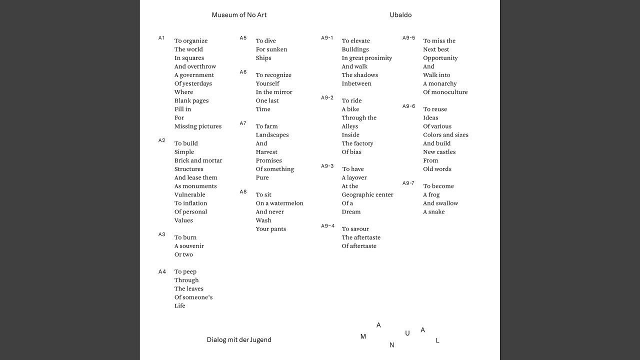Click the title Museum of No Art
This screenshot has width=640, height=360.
tap(239, 15)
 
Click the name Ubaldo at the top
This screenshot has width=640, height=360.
tap(400, 15)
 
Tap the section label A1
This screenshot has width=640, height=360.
tap(161, 38)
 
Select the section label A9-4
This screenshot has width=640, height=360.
tap(327, 226)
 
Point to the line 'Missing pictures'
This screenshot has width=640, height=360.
tap(198, 126)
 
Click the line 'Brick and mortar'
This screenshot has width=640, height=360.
tap(198, 160)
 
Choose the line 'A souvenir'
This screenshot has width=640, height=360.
tap(189, 246)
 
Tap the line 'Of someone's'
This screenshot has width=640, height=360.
tap(193, 297)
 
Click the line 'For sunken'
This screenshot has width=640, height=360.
tap(271, 49)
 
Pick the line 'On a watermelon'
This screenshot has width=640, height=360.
tap(279, 203)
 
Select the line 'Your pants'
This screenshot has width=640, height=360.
tap(271, 229)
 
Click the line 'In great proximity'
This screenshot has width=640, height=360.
tap(367, 58)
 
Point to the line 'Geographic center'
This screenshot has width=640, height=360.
tap(367, 195)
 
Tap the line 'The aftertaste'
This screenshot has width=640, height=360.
tap(361, 237)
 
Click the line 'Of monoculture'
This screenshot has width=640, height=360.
tap(445, 92)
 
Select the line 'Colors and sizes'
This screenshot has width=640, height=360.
tap(445, 135)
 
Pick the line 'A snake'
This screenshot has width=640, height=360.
tap(434, 212)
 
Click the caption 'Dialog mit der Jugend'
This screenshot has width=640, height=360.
tap(239, 340)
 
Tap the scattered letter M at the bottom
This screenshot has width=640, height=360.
tap(363, 336)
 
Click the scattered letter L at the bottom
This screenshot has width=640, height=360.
tap(437, 340)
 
